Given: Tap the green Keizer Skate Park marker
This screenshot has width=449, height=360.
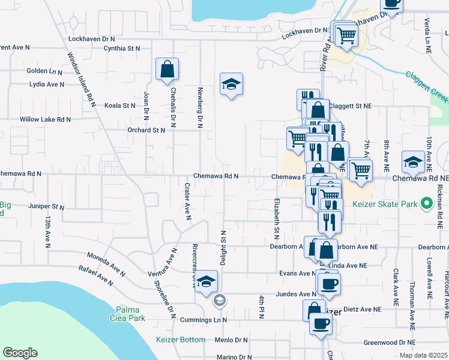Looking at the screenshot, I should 427,204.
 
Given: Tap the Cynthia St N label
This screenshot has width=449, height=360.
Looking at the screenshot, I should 121,48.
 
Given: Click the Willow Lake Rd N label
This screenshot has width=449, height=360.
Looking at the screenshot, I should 45,119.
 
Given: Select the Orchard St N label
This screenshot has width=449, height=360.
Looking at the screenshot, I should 145,130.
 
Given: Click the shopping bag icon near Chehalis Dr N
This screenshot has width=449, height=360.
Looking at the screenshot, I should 167,69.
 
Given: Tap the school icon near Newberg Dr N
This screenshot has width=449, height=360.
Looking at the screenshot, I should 231,85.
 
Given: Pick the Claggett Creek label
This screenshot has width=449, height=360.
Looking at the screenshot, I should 427,86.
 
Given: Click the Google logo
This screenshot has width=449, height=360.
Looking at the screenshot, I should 20,353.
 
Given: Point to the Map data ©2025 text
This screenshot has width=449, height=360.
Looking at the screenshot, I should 423,355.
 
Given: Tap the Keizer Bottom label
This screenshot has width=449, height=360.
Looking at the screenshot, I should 181,340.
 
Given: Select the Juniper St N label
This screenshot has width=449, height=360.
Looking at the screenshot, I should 46,206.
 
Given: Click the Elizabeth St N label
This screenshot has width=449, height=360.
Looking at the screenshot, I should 277,215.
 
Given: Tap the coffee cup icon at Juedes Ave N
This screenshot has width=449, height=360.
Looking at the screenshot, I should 328,283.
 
